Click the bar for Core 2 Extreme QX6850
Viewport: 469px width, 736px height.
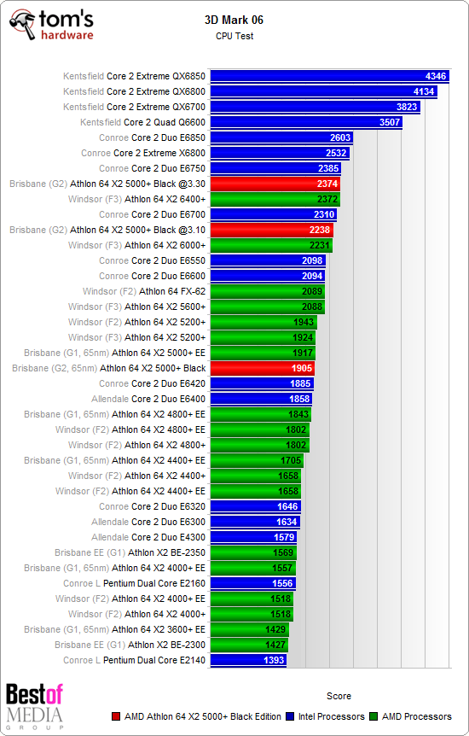click(329, 76)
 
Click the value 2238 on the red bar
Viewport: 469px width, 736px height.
click(318, 230)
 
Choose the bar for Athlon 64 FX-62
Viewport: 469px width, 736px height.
click(267, 291)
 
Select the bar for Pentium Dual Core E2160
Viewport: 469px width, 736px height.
click(252, 583)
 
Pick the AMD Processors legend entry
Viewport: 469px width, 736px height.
click(415, 716)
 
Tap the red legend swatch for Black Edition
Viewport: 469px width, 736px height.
click(117, 716)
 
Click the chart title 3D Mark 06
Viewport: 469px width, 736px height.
click(234, 19)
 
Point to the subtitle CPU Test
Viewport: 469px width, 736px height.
click(234, 36)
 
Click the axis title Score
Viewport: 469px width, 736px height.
click(339, 696)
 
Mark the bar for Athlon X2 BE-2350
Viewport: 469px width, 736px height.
click(253, 552)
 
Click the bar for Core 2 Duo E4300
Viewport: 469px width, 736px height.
click(253, 537)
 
